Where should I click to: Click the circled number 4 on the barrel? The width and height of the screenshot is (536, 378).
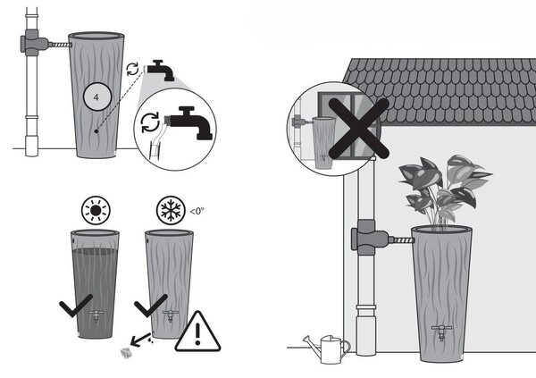[97, 97]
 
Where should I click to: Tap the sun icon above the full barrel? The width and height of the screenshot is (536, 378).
[96, 210]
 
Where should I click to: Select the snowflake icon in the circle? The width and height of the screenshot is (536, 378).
[171, 210]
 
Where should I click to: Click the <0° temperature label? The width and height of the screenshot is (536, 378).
[197, 211]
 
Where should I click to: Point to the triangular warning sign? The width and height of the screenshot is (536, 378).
[197, 332]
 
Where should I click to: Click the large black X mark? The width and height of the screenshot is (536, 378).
[358, 129]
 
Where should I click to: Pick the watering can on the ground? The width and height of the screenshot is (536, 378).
[327, 349]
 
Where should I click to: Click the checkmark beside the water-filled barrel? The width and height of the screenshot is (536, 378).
[76, 305]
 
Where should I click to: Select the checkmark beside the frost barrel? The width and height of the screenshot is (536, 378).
[151, 305]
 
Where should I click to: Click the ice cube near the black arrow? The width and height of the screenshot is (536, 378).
[126, 353]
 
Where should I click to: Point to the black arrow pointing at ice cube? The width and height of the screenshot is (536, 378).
[140, 339]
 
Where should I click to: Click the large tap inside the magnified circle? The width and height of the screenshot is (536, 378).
[191, 122]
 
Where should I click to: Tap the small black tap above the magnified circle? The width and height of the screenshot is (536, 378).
[160, 70]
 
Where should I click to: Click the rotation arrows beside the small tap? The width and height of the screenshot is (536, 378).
[132, 69]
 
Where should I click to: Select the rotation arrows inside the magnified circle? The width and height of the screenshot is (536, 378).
[150, 122]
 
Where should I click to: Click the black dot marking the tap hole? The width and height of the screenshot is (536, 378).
[96, 131]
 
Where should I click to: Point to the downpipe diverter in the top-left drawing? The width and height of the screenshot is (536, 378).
[34, 43]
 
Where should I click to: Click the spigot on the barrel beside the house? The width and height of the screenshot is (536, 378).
[441, 332]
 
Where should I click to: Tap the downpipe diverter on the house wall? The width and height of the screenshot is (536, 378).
[370, 238]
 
